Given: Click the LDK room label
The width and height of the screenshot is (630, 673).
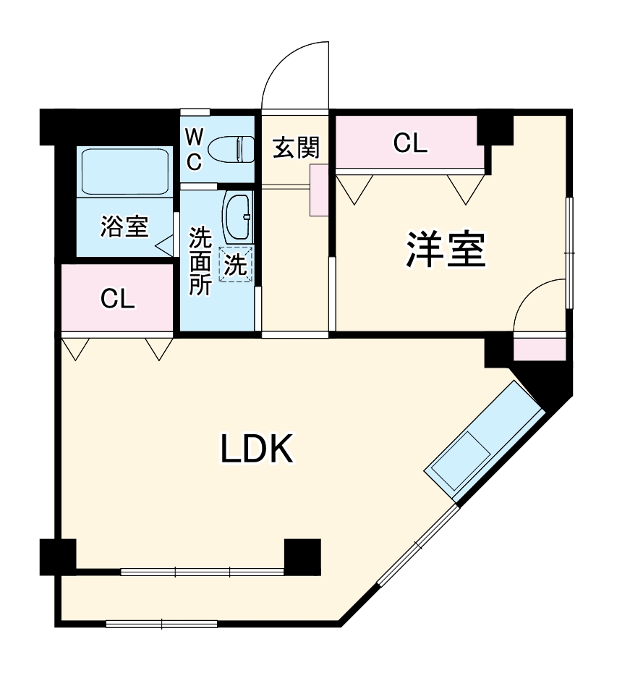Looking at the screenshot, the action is click(x=257, y=449).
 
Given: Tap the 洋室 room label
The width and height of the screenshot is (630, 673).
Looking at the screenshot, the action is click(x=446, y=250).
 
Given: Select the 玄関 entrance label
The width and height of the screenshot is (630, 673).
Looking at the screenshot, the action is click(x=297, y=147).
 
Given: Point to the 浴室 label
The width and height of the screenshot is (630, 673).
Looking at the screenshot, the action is click(x=124, y=226).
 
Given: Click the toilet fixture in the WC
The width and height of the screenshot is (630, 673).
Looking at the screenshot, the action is click(x=231, y=149).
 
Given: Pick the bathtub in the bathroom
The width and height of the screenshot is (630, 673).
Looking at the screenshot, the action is click(x=125, y=172).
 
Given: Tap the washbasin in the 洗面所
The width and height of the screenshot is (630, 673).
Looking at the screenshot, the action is click(x=237, y=217).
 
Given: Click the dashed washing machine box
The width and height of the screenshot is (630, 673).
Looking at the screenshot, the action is click(x=236, y=264).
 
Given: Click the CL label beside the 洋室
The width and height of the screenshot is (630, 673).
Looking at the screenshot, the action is click(x=410, y=143).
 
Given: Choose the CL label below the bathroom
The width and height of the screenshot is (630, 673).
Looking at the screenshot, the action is click(x=117, y=299).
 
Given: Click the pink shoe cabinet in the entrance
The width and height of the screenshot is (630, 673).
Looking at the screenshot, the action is click(x=319, y=190).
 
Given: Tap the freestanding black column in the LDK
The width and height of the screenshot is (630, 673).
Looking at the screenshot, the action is click(x=302, y=556).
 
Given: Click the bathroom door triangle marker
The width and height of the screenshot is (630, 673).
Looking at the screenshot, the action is click(x=164, y=246).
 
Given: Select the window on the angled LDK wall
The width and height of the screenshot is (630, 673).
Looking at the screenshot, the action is click(x=418, y=545).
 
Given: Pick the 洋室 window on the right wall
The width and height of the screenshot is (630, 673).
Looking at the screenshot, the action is click(x=569, y=253).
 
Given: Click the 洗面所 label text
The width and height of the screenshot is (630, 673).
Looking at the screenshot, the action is click(x=200, y=261).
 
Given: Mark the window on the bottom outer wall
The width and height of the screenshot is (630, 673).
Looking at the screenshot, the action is click(x=162, y=624).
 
